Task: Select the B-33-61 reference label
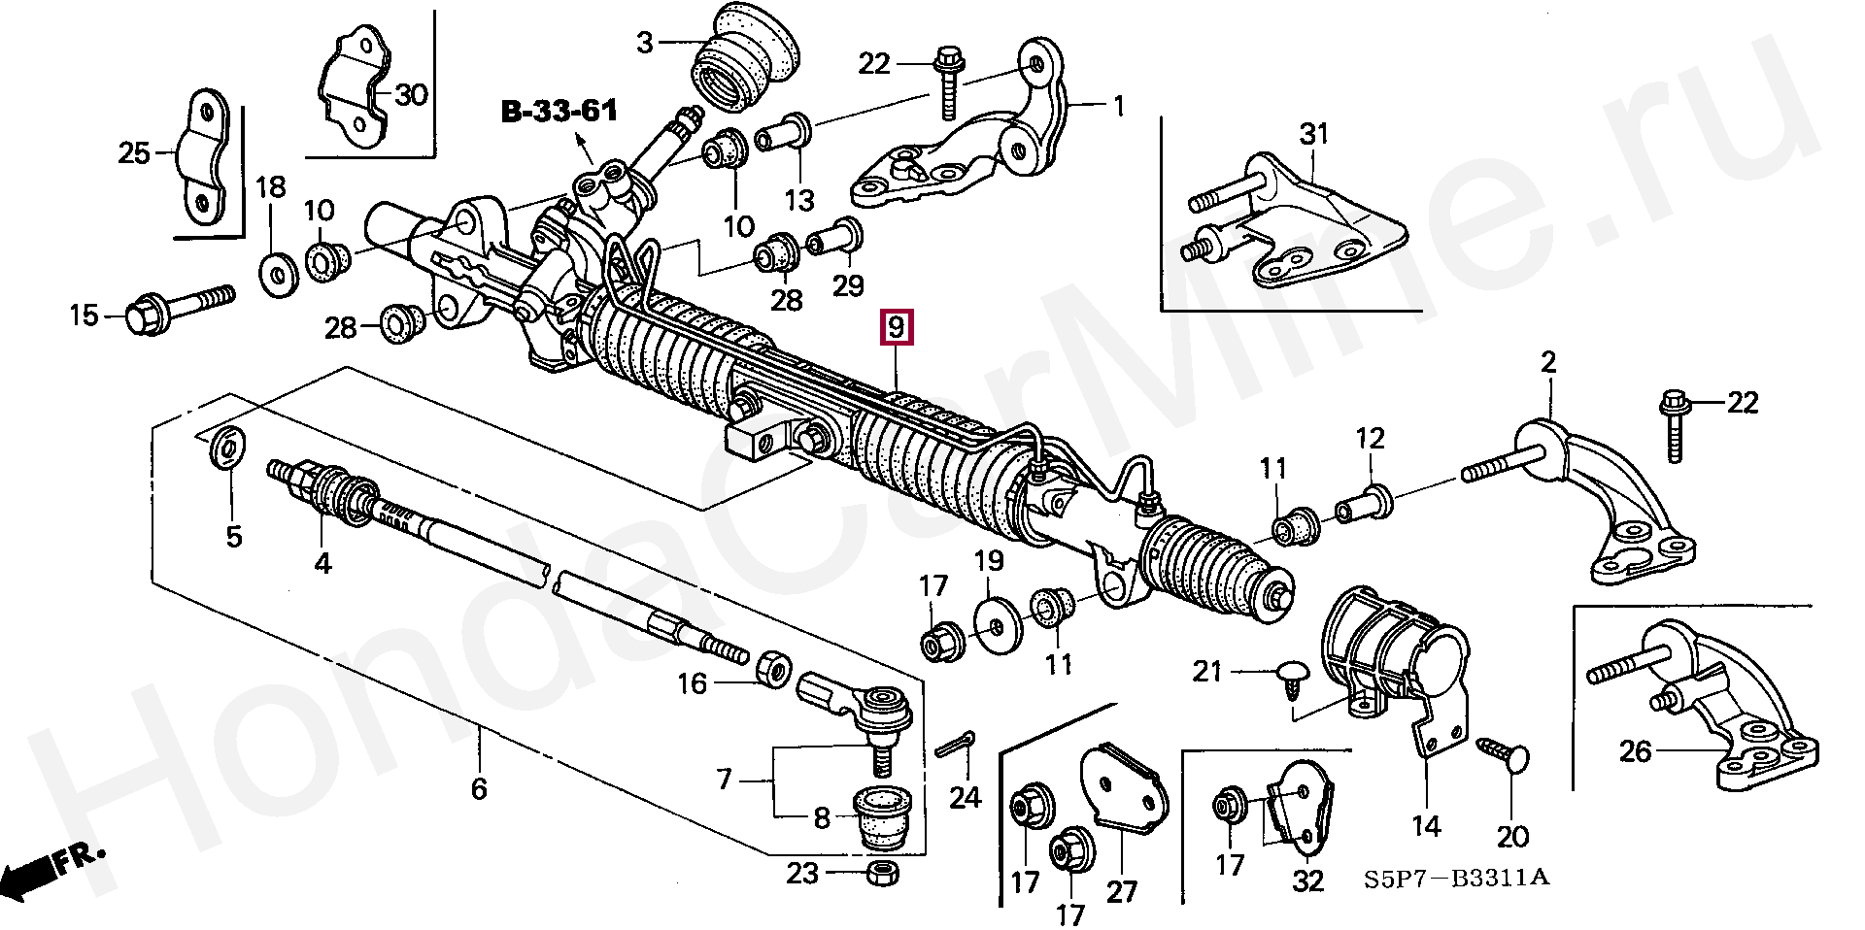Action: point(559,112)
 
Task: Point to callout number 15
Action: point(84,315)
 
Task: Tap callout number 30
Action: point(411,95)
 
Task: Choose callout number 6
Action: point(478,789)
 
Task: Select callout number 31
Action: point(1313,134)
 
